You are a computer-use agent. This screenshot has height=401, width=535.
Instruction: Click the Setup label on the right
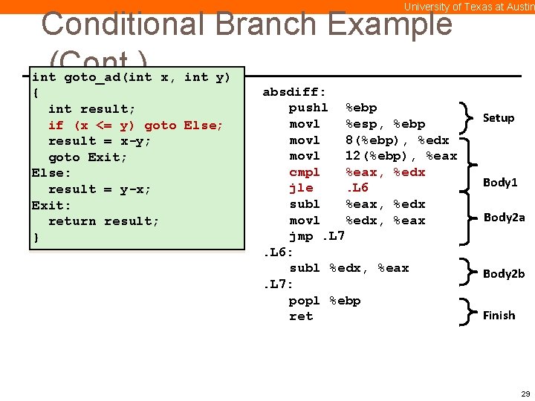click(499, 117)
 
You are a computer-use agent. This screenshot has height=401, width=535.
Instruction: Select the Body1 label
click(500, 182)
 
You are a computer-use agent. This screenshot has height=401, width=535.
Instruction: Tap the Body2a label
click(504, 217)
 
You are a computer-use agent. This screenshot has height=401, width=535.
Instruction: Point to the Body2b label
click(504, 273)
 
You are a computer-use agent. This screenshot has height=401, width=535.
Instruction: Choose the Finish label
click(499, 315)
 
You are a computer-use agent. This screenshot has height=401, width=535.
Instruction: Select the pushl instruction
click(308, 108)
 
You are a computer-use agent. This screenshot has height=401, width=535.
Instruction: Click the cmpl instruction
click(305, 172)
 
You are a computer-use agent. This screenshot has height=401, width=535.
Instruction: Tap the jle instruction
click(301, 188)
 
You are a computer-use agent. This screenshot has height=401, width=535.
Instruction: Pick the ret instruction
click(301, 316)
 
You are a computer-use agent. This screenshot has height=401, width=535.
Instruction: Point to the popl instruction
click(305, 300)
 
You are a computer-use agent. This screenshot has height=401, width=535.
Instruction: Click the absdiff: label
click(294, 92)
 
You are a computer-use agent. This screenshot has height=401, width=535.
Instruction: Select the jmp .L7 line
click(317, 236)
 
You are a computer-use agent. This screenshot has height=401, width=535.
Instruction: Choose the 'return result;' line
click(103, 221)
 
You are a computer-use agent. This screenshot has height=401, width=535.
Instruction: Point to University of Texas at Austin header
click(469, 7)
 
